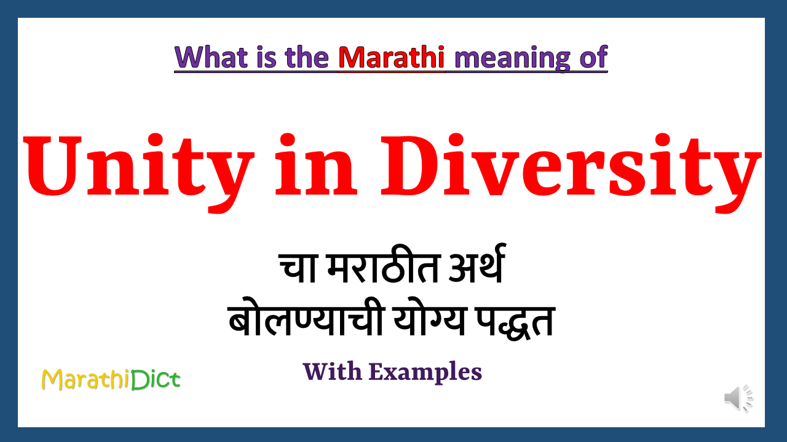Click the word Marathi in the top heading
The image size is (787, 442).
[x=392, y=57]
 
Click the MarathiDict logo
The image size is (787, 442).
[x=111, y=379]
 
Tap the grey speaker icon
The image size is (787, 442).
[x=738, y=398]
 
